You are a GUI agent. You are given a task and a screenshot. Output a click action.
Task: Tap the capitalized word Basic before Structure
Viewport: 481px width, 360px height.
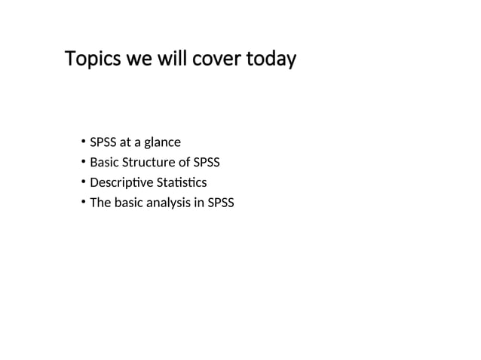(x=103, y=162)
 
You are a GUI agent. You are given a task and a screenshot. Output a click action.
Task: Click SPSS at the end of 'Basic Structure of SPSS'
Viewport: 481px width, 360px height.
(x=207, y=162)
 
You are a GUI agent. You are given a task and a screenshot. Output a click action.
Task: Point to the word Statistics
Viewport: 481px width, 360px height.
(x=181, y=182)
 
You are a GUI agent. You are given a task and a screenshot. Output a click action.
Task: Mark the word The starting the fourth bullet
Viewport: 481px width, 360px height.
(x=100, y=203)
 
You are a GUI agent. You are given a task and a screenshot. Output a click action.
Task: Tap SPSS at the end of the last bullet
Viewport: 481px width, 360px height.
(x=220, y=203)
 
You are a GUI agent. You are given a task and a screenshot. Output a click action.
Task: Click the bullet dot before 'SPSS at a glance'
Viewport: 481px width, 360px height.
(x=81, y=142)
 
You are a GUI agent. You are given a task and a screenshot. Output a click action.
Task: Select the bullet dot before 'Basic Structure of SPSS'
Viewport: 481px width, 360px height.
(x=81, y=163)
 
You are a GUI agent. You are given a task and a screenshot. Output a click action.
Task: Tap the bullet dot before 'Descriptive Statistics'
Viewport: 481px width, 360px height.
(x=81, y=183)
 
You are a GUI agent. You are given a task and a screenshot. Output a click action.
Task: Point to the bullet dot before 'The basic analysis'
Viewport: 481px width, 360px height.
(x=81, y=203)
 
